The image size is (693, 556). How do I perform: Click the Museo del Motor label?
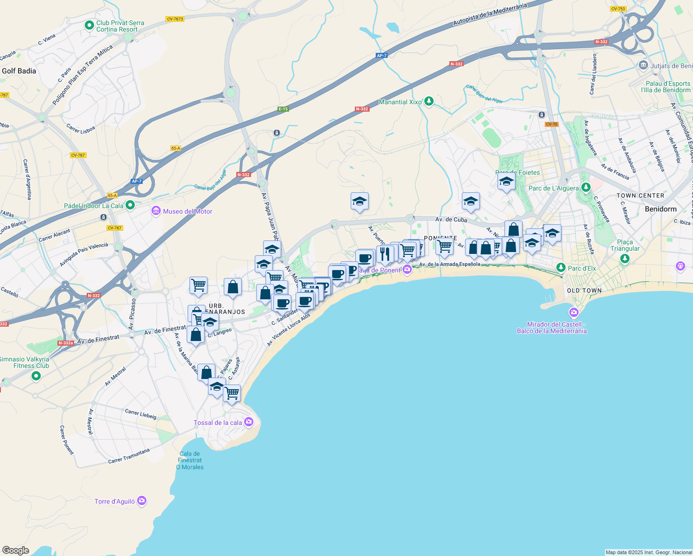[187, 211]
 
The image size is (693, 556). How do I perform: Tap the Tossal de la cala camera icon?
[249, 422]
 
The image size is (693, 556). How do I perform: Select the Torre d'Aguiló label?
[114, 501]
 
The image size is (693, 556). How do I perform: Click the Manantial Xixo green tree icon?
[429, 101]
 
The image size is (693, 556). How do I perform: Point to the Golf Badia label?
[19, 71]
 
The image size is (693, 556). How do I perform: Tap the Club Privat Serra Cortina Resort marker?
[89, 25]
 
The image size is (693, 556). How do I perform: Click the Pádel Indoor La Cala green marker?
[130, 205]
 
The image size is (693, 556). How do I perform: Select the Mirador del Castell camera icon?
[574, 312]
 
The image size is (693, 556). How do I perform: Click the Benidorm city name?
[661, 209]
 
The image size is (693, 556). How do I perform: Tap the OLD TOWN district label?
[584, 291]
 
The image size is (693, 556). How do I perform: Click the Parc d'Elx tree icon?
[561, 268]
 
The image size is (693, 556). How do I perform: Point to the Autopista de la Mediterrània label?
[490, 15]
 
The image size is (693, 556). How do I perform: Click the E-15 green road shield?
[283, 109]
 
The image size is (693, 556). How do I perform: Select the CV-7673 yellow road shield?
[175, 19]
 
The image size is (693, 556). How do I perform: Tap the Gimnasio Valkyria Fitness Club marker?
[36, 376]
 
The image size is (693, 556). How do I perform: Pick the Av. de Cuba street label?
[451, 219]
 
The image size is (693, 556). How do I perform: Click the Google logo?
[16, 550]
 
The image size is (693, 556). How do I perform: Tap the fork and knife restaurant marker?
[385, 254]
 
